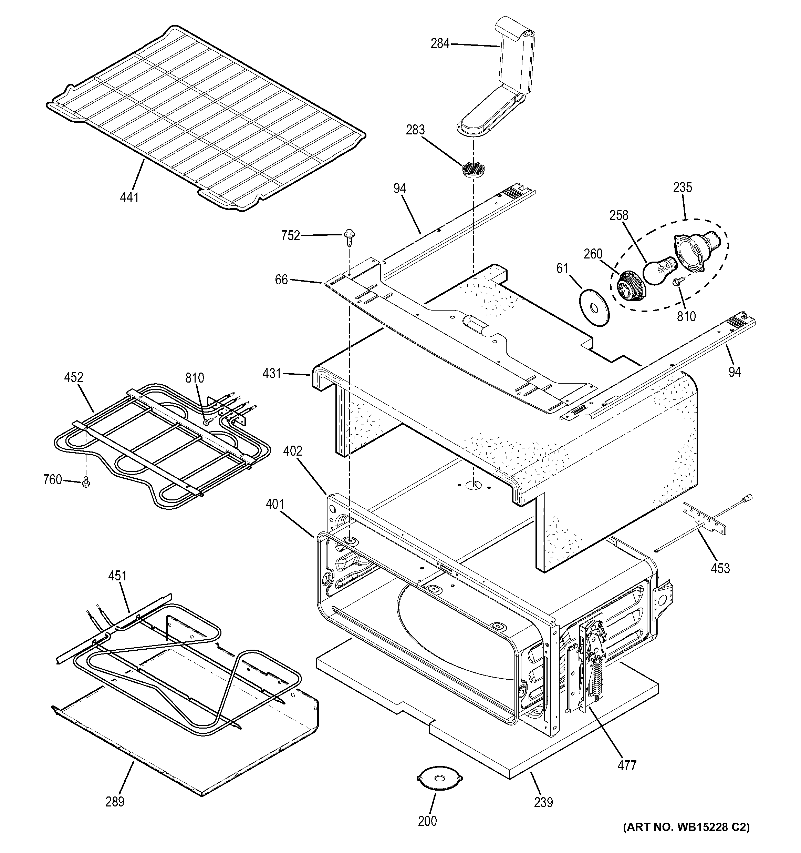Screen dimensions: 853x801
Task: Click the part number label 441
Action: (129, 197)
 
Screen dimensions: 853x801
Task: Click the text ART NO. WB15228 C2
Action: (686, 839)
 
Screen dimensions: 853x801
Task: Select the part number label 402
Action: (292, 451)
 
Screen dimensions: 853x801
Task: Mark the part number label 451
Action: (117, 576)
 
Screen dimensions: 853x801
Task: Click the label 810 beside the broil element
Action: (194, 378)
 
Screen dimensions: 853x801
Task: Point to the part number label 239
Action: (543, 802)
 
